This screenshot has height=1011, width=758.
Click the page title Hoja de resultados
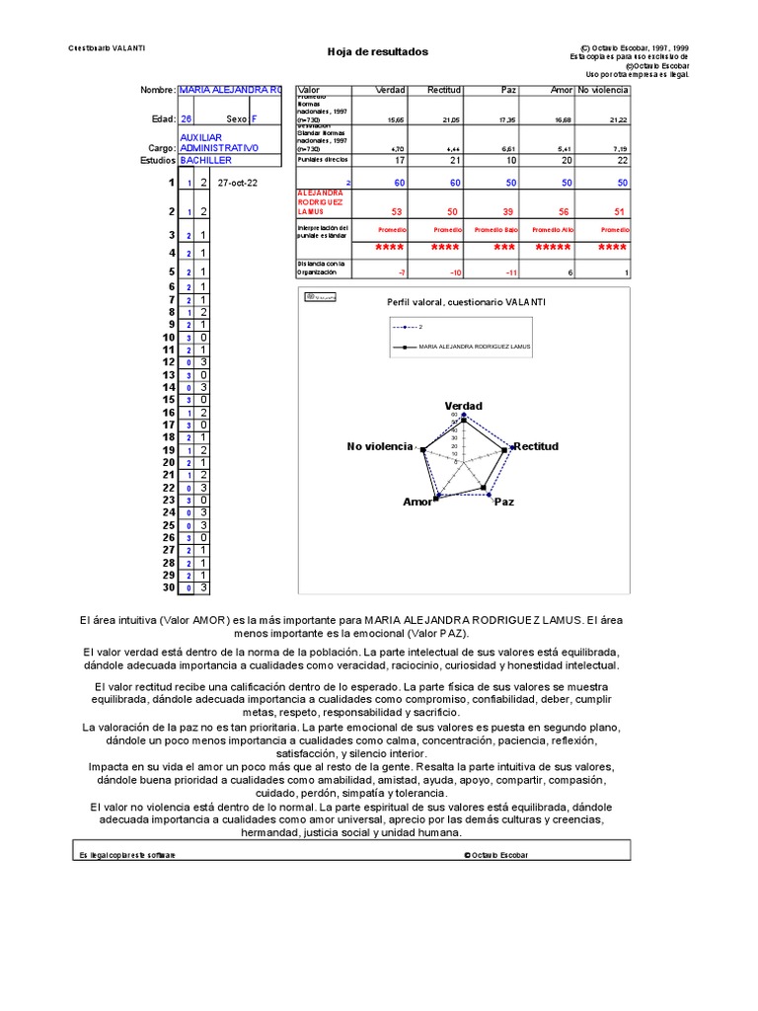(x=377, y=52)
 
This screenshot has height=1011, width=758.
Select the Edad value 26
(x=187, y=118)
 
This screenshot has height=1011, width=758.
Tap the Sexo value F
(x=255, y=118)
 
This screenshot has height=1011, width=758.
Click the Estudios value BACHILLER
(x=206, y=160)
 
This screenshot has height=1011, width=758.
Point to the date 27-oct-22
(x=237, y=184)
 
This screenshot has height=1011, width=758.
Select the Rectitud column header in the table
(x=443, y=90)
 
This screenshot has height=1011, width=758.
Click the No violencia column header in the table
(x=602, y=90)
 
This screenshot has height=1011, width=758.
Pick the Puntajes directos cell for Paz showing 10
(x=509, y=160)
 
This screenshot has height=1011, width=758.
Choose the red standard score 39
(x=508, y=211)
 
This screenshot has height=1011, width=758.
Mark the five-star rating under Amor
(x=553, y=248)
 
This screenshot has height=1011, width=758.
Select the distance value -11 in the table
(x=509, y=272)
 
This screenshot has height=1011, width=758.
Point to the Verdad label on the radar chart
(x=464, y=406)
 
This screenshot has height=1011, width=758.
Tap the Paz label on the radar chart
(x=504, y=502)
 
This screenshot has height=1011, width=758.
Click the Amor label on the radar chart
(x=417, y=502)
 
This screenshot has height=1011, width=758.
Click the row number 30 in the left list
(x=168, y=587)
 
